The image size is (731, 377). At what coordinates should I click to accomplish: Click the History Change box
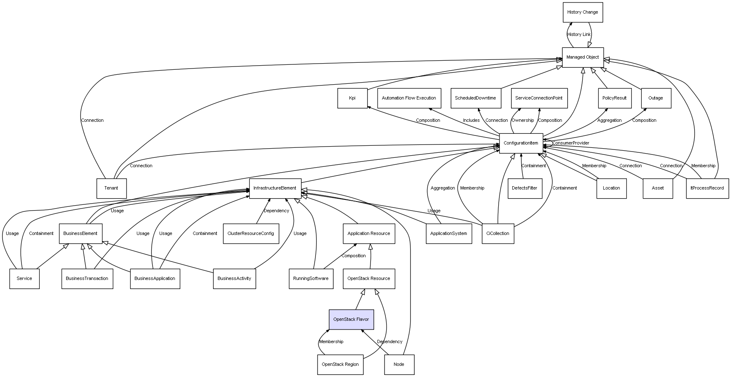click(583, 12)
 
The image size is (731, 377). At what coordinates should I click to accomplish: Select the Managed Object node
click(583, 57)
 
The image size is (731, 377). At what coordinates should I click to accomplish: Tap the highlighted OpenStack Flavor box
click(351, 320)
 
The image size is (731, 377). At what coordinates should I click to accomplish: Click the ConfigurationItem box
click(521, 143)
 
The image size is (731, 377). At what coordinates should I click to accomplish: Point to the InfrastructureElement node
click(275, 188)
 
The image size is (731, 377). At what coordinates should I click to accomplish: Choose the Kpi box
click(352, 98)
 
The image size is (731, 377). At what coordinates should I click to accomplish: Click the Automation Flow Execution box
click(409, 98)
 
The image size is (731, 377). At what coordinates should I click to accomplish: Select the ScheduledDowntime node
click(475, 98)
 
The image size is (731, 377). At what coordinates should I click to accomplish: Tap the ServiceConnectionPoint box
click(539, 98)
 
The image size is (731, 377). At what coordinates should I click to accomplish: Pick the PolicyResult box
click(614, 98)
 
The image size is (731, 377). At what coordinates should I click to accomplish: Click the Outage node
click(656, 98)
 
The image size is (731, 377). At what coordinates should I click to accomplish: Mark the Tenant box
click(111, 188)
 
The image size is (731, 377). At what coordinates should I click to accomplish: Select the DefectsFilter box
click(525, 188)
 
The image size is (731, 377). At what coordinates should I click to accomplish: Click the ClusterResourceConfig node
click(251, 234)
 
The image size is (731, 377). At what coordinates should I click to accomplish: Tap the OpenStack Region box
click(340, 365)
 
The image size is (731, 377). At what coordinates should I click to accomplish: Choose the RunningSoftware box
click(311, 279)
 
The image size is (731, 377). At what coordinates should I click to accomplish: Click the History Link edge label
click(579, 35)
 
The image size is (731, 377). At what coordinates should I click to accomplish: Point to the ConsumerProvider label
click(571, 143)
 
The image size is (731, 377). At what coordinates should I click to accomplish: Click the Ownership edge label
click(523, 121)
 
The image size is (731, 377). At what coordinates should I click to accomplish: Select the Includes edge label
click(471, 121)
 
